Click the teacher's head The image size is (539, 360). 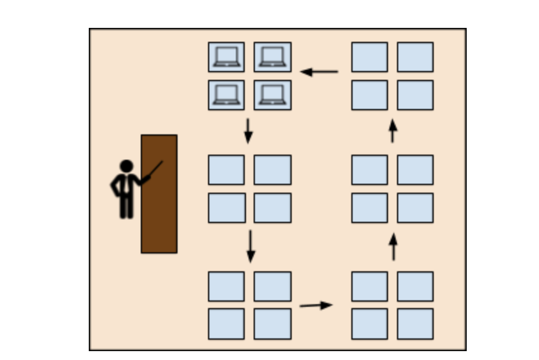coord(126,166)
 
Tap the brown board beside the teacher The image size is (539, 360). coord(159,215)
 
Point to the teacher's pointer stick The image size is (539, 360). coord(154,170)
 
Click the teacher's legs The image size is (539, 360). coord(126,206)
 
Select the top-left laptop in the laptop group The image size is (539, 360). coord(226,57)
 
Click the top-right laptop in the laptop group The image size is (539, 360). coord(273,57)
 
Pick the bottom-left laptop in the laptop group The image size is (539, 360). coord(226,94)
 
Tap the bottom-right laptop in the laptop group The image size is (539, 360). coord(273,94)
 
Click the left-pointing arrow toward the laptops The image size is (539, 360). coord(319,72)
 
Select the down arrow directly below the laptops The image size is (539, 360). coord(248,130)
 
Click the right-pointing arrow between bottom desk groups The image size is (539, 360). coord(316,305)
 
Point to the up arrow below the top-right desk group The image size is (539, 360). coord(393,131)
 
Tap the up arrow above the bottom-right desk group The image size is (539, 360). coord(393,247)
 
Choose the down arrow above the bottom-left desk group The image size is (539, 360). coord(250,247)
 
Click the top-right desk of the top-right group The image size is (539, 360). coord(415,57)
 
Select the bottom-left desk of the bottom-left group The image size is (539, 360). coord(226,324)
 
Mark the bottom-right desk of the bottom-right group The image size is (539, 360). coord(415,324)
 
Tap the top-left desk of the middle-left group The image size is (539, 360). coord(226,170)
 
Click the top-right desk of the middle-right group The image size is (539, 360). coord(415,170)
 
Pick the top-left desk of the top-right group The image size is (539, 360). coord(370,57)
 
